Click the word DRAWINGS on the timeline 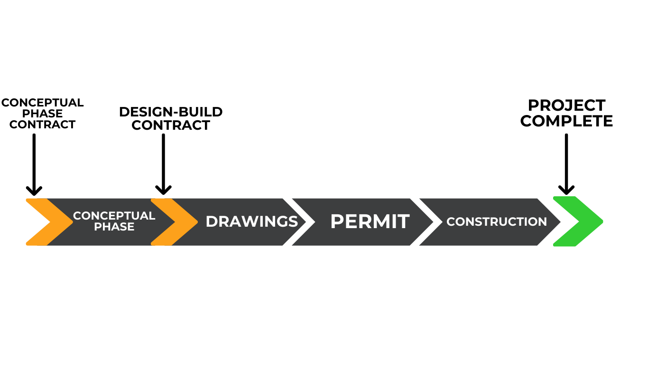coord(251,221)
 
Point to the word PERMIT coord(370,221)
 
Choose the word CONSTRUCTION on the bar coord(496,221)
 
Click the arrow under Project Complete coord(566,164)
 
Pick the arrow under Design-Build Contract coord(163,164)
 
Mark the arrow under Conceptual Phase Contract coord(34,164)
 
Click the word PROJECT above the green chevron coord(566,105)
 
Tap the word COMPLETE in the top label coord(566,121)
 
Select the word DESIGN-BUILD coord(171,112)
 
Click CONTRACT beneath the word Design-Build coord(171,125)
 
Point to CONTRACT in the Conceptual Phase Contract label coord(43,125)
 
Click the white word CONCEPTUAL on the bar coord(114,216)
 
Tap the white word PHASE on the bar coord(114,227)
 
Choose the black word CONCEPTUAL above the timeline coord(43,103)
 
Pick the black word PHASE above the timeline coord(43,114)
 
